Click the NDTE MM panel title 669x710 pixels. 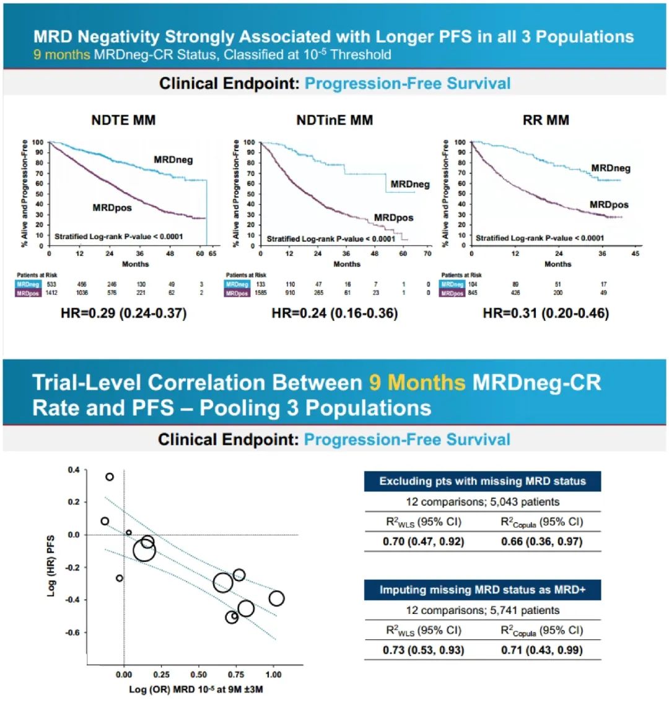[123, 120]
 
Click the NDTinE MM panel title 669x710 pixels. [334, 120]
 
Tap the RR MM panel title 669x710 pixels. [546, 120]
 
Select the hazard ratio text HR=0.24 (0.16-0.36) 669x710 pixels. [334, 313]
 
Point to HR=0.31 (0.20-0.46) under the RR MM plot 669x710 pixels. [546, 313]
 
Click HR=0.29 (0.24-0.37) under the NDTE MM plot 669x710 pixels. [123, 313]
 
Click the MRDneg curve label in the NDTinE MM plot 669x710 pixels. [410, 185]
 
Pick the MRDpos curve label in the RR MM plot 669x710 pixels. [609, 205]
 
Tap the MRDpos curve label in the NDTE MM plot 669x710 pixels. [112, 208]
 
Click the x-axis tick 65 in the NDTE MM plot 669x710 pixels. [212, 254]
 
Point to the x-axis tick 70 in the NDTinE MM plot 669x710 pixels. [427, 254]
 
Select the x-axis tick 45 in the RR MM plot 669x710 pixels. [635, 254]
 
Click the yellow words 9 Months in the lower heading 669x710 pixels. [417, 382]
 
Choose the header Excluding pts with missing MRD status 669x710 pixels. [482, 481]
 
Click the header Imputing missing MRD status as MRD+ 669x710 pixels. [482, 590]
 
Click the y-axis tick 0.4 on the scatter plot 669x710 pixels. [74, 470]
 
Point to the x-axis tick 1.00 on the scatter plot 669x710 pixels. [273, 675]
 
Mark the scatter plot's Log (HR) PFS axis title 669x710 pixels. [51, 566]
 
